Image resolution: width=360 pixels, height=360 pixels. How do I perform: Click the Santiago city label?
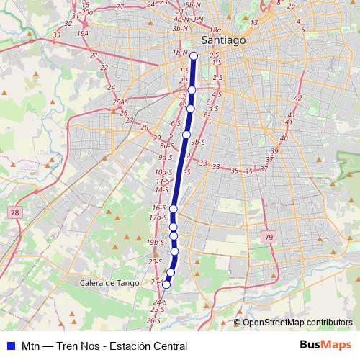[223, 41]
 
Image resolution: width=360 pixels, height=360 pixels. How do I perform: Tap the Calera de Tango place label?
[109, 283]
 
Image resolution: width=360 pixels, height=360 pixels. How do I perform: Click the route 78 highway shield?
[15, 212]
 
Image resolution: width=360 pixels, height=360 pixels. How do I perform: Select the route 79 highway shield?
[269, 238]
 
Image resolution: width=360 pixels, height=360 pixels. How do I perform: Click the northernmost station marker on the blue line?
[194, 53]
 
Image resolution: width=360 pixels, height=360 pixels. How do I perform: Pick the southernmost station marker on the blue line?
[166, 284]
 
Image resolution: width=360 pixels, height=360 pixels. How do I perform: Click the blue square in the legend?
[11, 346]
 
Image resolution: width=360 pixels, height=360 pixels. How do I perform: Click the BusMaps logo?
[325, 346]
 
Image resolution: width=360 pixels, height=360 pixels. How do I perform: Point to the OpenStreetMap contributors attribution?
[297, 323]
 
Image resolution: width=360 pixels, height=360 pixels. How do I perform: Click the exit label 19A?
[83, 33]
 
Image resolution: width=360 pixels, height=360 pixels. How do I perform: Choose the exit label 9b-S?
[199, 142]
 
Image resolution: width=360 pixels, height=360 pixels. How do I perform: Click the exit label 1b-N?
[181, 53]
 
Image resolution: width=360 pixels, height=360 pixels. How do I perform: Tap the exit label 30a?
[88, 12]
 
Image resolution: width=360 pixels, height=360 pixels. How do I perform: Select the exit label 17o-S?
[158, 217]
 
